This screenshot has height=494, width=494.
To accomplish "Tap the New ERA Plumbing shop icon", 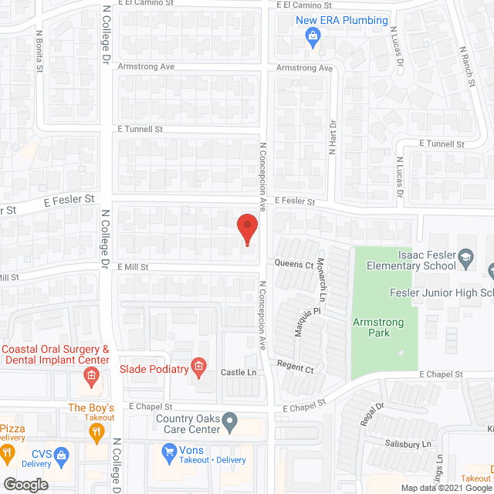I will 313,36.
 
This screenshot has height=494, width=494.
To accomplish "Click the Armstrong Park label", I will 370,327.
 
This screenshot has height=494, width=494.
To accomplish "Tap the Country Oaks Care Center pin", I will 230,421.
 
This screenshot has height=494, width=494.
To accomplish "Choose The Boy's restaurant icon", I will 96,433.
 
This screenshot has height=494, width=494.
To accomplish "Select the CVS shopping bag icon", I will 60,455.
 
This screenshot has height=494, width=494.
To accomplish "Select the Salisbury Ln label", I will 408,445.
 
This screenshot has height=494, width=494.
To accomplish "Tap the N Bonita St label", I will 39,52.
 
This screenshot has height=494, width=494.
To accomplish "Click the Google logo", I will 25,484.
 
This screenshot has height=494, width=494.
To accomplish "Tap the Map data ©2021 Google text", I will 445,488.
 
